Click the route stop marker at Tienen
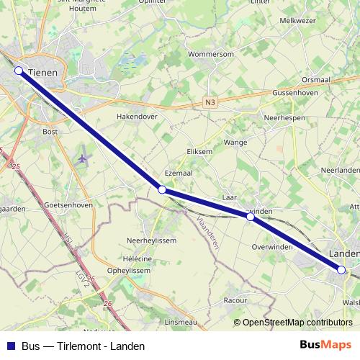(19, 71)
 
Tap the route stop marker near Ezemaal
(162, 189)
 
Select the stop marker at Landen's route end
(341, 270)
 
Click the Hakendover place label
(137, 115)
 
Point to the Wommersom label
(210, 54)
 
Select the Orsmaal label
(316, 79)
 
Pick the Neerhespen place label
(285, 117)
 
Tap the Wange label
(235, 143)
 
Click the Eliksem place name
(199, 152)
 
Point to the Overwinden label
(273, 246)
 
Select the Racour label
(235, 299)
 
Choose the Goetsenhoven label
(68, 205)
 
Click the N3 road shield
(210, 103)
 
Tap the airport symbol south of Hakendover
(83, 158)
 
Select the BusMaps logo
(325, 345)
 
